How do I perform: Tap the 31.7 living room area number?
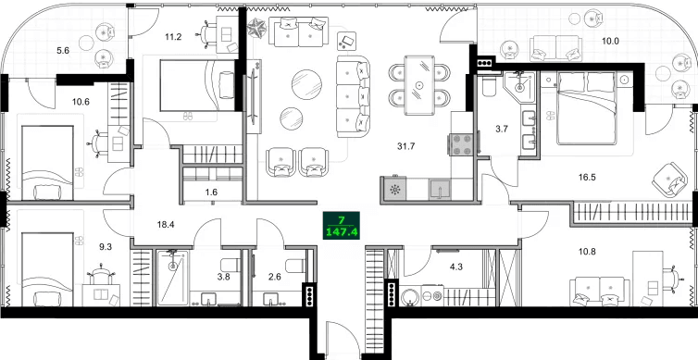point(405,145)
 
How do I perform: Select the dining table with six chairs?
point(419,86)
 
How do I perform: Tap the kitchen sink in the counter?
point(441,188)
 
